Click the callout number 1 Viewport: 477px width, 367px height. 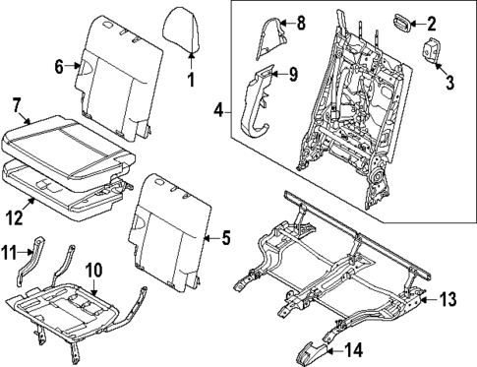[x=192, y=78]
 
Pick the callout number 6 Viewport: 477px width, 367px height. [x=58, y=67]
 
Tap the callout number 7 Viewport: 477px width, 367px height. [x=17, y=104]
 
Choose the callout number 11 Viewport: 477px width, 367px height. [x=11, y=254]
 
